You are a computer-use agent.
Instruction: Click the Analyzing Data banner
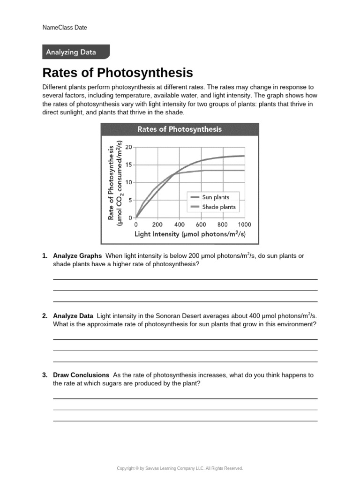71,52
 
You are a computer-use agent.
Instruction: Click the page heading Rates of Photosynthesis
118,73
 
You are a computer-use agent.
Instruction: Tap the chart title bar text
179,129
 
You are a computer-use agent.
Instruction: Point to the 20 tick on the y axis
129,147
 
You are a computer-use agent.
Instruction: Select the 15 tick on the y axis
129,165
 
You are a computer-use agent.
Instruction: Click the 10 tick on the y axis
129,182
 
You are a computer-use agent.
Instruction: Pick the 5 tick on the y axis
130,200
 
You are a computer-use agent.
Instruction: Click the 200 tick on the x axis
157,225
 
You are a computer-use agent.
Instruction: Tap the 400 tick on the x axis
180,225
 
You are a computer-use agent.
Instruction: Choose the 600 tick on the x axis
201,225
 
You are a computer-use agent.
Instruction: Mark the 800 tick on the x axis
223,225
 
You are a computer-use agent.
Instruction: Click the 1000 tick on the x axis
244,225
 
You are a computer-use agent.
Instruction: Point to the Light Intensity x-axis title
190,234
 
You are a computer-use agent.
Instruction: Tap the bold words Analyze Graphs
77,256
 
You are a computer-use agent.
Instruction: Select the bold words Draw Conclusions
81,375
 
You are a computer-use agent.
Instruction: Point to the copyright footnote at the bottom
180,468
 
